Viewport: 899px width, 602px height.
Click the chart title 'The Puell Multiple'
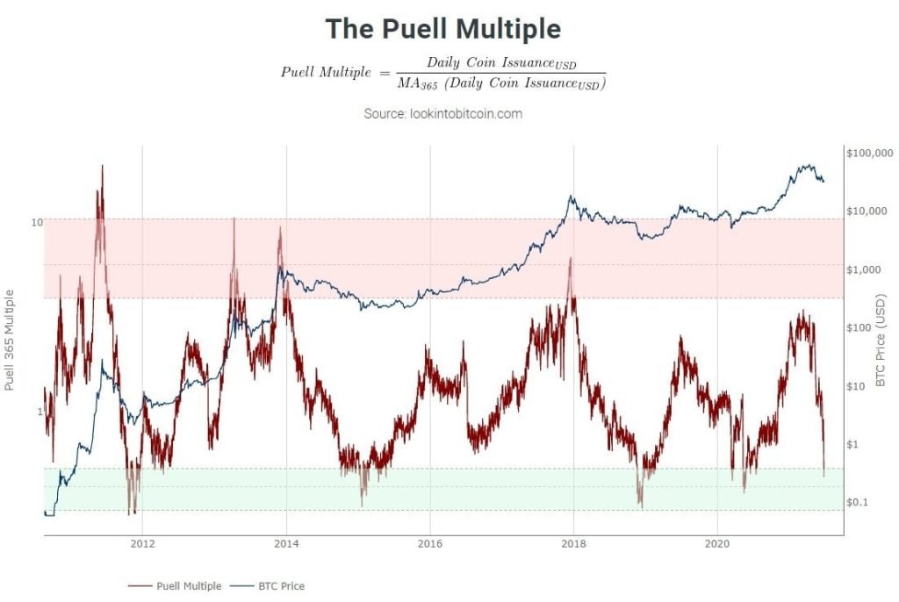[442, 29]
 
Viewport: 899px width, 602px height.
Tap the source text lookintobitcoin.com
[442, 114]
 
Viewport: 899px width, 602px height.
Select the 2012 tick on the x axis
[142, 543]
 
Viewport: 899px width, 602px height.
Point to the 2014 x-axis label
[286, 543]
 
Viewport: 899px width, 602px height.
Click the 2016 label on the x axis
[430, 543]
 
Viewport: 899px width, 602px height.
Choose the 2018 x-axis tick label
[573, 543]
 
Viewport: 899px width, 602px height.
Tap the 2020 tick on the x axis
[717, 543]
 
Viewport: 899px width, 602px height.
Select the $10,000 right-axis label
[866, 211]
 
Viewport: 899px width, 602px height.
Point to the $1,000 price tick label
[864, 269]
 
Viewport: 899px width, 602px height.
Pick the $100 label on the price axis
[860, 327]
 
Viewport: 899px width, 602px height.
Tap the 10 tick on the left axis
[38, 222]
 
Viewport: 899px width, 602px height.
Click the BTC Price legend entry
[273, 585]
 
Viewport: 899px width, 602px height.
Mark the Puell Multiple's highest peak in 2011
[102, 165]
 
